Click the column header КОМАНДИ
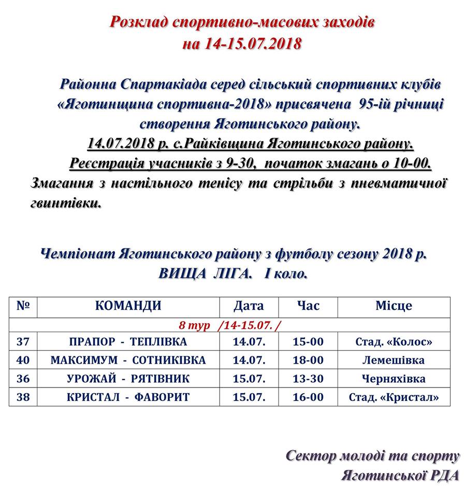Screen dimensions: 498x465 [x=128, y=306]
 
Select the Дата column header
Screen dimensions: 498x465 [x=249, y=306]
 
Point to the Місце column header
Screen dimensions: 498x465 [x=394, y=306]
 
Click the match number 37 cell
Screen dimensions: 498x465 [x=23, y=342]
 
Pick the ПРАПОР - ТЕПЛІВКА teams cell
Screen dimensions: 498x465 [x=128, y=342]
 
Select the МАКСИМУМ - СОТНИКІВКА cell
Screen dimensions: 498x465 [x=128, y=360]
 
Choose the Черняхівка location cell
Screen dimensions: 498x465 [x=394, y=379]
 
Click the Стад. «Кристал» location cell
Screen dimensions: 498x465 [x=394, y=397]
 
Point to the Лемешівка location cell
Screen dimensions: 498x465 [x=394, y=360]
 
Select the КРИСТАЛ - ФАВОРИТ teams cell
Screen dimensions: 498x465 [x=128, y=397]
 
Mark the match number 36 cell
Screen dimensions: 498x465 [x=23, y=379]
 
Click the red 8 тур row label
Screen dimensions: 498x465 [x=195, y=325]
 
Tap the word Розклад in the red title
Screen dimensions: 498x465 [x=139, y=22]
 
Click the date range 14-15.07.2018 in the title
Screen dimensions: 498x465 [x=253, y=44]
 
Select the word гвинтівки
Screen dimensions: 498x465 [x=66, y=203]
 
